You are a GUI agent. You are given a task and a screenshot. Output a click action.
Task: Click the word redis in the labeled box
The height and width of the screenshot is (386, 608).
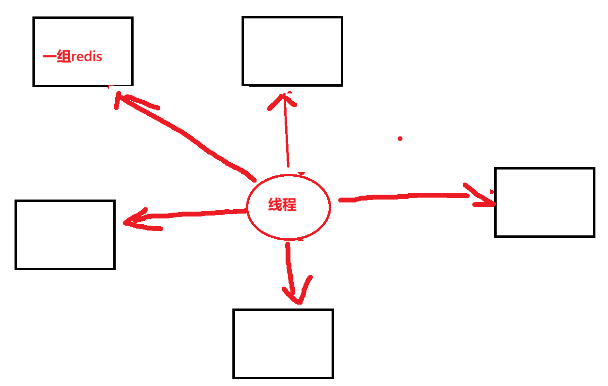(87, 57)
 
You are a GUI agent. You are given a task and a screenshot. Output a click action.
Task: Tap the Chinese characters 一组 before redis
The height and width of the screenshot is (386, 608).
(57, 57)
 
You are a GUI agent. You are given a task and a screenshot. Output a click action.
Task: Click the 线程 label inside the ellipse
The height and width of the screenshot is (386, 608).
(282, 205)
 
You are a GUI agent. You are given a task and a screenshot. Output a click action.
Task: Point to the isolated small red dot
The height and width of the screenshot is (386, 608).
(400, 139)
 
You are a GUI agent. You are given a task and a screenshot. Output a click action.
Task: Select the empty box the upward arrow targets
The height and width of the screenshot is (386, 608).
(292, 51)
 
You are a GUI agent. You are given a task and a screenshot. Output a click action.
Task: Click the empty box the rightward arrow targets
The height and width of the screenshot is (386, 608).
(545, 202)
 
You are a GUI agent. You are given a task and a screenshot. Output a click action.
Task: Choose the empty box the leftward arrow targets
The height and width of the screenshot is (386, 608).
(65, 234)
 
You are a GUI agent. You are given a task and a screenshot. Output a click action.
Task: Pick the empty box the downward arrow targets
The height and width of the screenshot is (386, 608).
(283, 343)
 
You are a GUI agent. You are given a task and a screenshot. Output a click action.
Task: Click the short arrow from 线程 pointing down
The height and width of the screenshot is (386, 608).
(290, 266)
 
